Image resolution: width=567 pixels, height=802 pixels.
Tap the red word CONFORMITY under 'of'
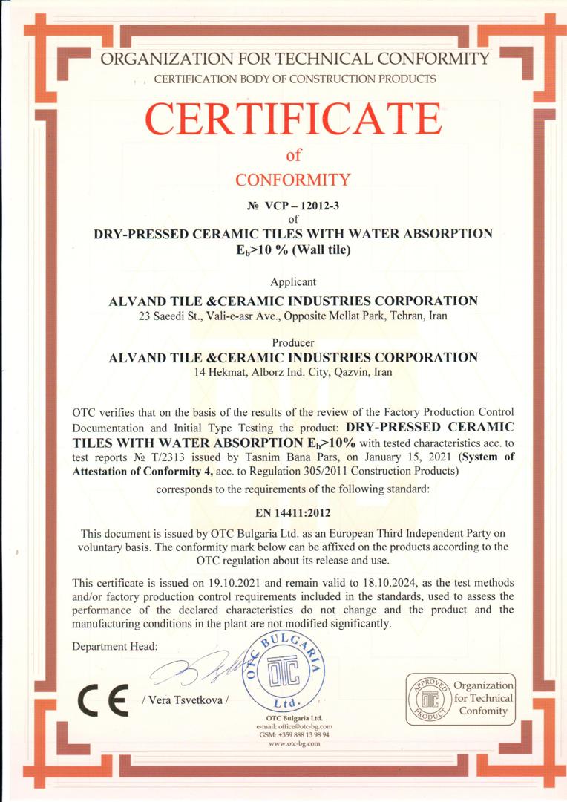292,179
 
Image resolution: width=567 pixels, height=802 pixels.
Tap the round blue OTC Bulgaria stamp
285,672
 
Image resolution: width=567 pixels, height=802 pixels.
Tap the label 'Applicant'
293,281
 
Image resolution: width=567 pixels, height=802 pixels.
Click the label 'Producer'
293,342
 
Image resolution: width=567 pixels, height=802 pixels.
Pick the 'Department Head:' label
115,647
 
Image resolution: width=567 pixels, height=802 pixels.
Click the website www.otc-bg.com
294,743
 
